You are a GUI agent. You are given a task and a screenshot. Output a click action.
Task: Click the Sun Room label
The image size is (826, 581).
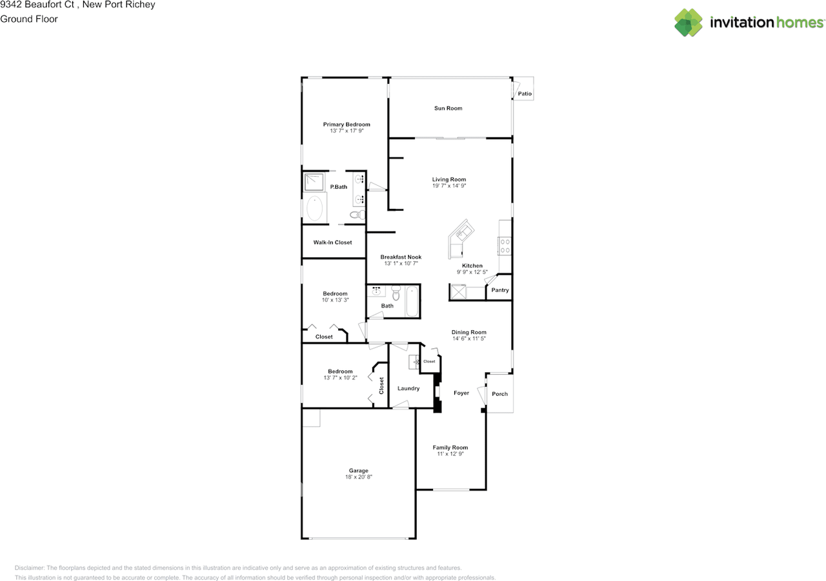pyautogui.click(x=448, y=108)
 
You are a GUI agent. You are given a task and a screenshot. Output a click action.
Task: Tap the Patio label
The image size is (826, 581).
pyautogui.click(x=525, y=94)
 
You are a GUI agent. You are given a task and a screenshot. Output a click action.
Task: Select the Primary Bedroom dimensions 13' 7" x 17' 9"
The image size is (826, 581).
pyautogui.click(x=347, y=131)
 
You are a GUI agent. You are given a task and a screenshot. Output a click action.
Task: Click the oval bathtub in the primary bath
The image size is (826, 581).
pyautogui.click(x=315, y=209)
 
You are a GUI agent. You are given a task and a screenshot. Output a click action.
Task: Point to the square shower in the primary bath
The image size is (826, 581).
pyautogui.click(x=314, y=182)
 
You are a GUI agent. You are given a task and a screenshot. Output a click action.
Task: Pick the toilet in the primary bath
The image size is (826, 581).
pyautogui.click(x=357, y=215)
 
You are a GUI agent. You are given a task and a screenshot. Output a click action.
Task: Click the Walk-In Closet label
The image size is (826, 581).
pyautogui.click(x=332, y=242)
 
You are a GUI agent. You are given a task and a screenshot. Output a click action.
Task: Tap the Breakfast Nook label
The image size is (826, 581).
pyautogui.click(x=401, y=257)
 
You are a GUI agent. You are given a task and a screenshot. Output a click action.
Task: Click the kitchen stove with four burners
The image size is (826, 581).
pyautogui.click(x=505, y=245)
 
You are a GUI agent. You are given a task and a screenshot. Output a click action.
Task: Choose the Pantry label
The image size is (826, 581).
pyautogui.click(x=500, y=290)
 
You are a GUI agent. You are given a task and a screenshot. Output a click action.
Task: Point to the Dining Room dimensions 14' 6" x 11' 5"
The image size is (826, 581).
pyautogui.click(x=468, y=339)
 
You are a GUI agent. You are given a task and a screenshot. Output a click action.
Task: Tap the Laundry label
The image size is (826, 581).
pyautogui.click(x=408, y=388)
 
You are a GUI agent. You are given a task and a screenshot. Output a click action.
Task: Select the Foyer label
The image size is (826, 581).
pyautogui.click(x=461, y=393)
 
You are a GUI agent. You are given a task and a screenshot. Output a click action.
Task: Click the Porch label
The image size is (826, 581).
pyautogui.click(x=499, y=394)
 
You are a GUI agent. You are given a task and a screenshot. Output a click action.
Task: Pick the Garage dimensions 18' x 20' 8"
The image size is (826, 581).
pyautogui.click(x=359, y=477)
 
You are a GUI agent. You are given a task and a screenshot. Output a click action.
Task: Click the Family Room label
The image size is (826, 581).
pyautogui.click(x=450, y=447)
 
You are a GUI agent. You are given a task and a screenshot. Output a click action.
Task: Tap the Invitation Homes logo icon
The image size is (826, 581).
pyautogui.click(x=689, y=23)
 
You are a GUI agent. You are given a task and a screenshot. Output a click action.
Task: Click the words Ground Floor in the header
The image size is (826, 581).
pyautogui.click(x=29, y=19)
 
